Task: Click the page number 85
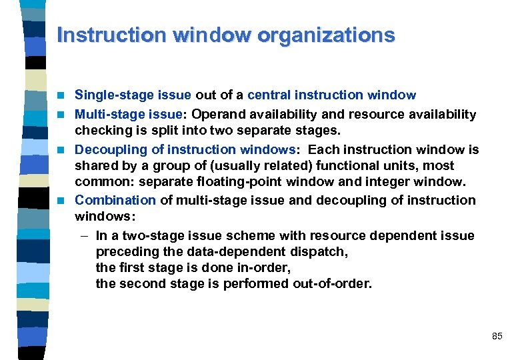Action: (x=497, y=337)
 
